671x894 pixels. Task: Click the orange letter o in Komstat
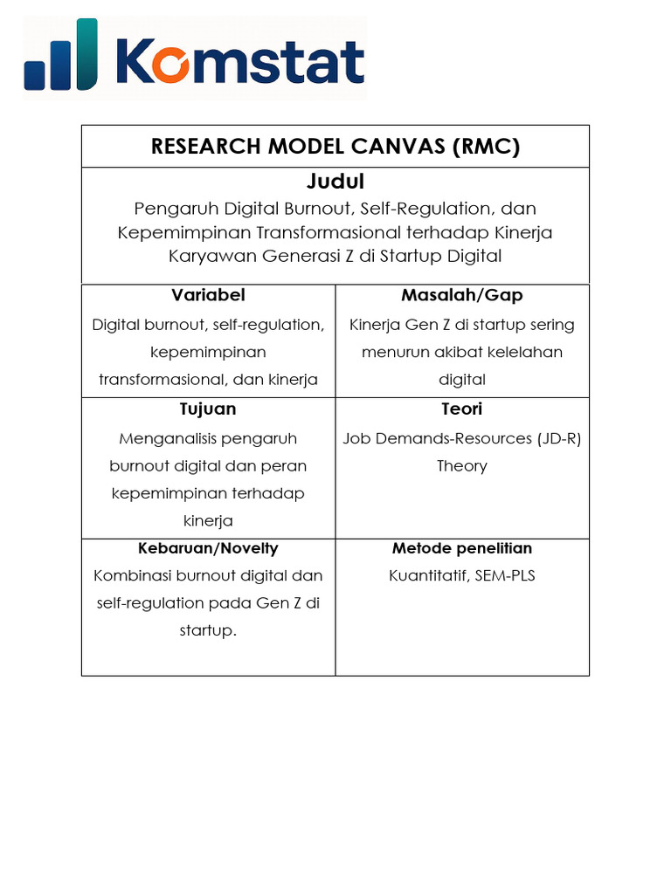[179, 63]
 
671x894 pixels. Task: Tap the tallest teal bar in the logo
[87, 54]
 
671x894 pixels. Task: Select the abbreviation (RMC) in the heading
[486, 146]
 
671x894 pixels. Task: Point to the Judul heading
[335, 182]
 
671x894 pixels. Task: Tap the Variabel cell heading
[208, 295]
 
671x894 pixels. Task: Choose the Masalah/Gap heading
[461, 295]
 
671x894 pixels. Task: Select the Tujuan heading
[208, 409]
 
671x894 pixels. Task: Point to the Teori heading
[461, 409]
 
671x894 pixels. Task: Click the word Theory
[461, 465]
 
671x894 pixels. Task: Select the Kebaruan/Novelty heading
[208, 548]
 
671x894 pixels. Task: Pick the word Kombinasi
[131, 575]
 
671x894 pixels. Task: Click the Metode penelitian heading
[461, 548]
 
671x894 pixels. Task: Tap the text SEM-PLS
[505, 575]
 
